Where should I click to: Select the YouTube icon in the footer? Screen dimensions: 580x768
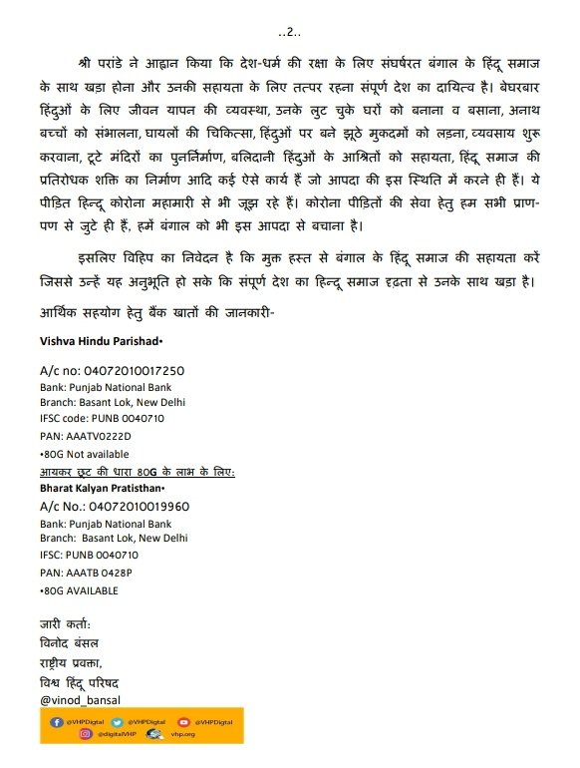pyautogui.click(x=183, y=721)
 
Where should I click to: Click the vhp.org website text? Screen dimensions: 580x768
pyautogui.click(x=182, y=735)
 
